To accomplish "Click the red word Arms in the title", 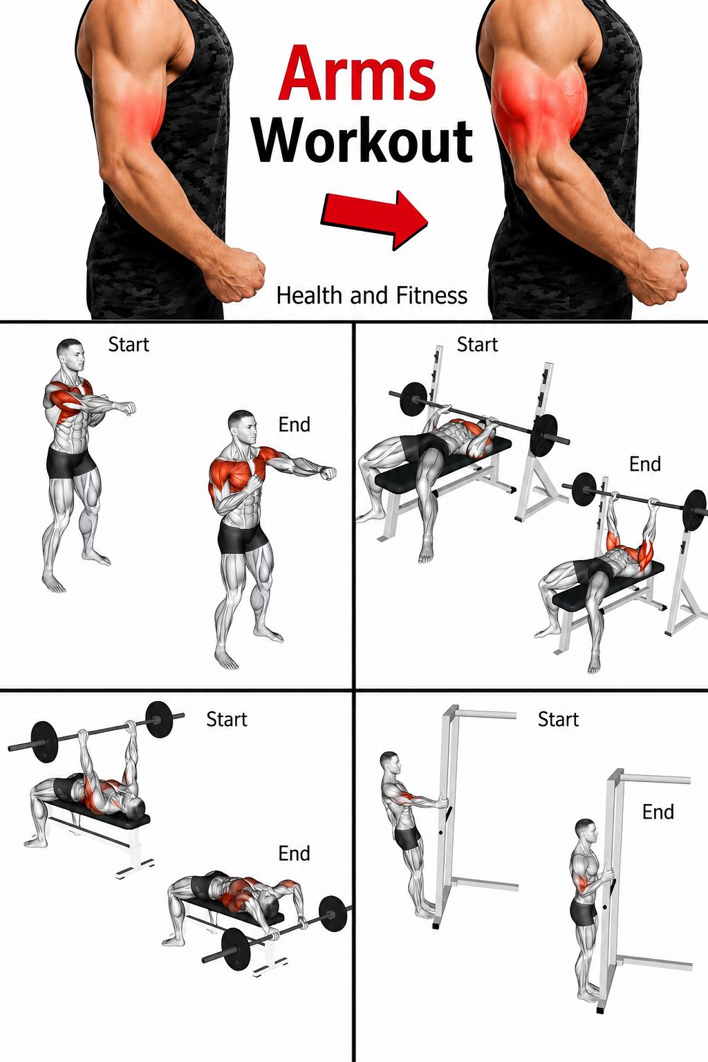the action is [357, 73].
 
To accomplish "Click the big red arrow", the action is [375, 219].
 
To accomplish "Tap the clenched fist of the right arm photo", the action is [662, 277].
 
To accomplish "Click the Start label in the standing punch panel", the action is [129, 345].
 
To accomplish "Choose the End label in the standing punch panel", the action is [294, 425].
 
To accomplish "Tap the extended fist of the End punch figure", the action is [328, 473].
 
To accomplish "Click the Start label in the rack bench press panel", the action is [478, 345].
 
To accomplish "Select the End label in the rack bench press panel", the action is [645, 464].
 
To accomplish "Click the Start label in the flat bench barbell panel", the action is [227, 719].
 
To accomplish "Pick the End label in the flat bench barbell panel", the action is [294, 853].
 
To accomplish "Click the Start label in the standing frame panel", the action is [558, 719].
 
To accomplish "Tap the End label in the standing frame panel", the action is [658, 812].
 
